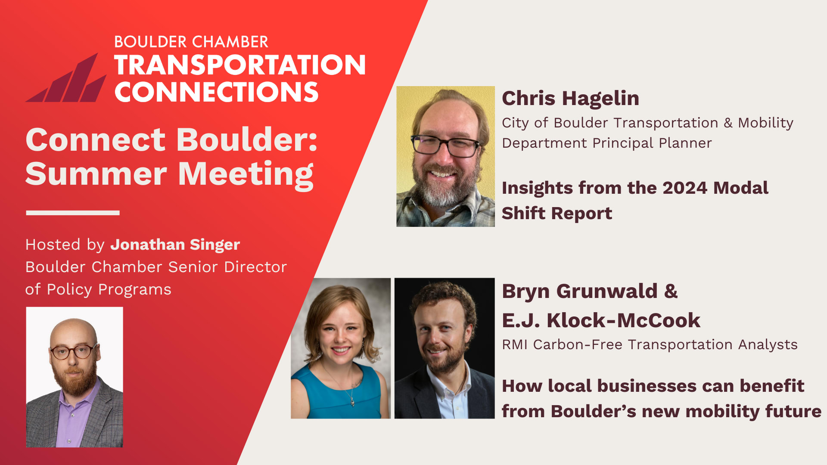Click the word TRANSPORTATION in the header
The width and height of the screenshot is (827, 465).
point(239,65)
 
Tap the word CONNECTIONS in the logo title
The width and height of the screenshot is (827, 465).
point(216,92)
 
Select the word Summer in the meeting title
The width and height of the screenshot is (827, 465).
point(96,174)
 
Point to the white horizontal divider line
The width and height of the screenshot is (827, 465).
point(72,213)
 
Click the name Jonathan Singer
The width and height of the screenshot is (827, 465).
point(175,245)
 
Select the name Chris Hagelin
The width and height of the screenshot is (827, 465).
point(570,98)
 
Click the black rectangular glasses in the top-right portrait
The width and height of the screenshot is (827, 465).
point(446,146)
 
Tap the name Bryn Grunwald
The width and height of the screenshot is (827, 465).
point(580,291)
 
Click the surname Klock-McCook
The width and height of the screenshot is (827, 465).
point(623,320)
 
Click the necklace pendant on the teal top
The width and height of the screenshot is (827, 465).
point(352,403)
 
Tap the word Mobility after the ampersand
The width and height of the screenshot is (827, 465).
point(765,123)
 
